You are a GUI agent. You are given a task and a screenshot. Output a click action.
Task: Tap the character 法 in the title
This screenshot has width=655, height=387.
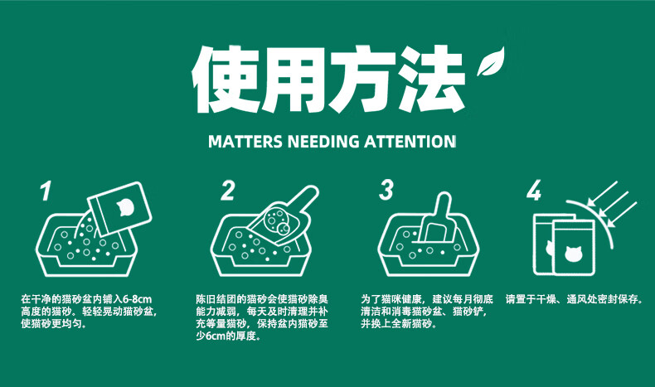[430, 80]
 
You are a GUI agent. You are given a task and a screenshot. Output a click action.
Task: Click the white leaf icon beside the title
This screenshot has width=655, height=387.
[491, 61]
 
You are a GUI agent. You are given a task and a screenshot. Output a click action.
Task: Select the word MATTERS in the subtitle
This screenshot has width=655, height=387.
[245, 142]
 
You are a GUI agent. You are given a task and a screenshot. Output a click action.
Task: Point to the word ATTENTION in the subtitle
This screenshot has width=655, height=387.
[410, 142]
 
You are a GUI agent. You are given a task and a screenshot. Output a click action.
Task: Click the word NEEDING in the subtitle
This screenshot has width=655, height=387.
[323, 142]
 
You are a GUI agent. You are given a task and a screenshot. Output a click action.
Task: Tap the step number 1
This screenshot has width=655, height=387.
[46, 191]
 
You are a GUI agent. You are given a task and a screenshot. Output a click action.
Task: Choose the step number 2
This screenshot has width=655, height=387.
[228, 191]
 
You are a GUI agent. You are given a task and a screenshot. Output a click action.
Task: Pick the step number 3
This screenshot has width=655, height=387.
[386, 190]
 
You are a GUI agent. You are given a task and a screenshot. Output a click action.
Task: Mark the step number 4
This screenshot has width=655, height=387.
[534, 191]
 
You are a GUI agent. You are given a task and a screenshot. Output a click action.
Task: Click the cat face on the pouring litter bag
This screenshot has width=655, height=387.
[125, 207]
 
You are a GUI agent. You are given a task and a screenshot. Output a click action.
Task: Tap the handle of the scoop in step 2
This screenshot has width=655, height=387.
[305, 201]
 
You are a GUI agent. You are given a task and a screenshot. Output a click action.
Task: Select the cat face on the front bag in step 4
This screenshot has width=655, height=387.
[573, 254]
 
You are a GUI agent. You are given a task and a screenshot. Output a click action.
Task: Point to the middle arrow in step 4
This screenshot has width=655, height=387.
[614, 205]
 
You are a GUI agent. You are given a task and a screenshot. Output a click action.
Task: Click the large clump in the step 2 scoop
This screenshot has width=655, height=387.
[284, 229]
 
